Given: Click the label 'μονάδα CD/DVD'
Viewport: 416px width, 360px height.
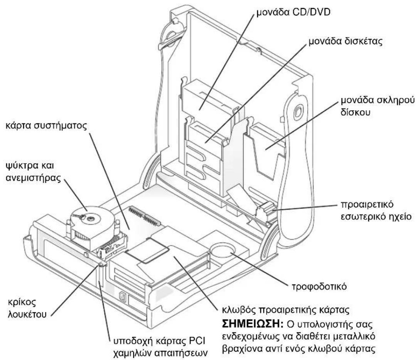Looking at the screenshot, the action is [293, 12].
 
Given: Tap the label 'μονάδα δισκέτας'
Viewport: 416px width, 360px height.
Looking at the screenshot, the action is [345, 41].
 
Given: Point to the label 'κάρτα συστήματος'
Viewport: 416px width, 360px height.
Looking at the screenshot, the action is [46, 126].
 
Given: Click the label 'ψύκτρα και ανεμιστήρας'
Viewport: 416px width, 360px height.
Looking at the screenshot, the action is [33, 172].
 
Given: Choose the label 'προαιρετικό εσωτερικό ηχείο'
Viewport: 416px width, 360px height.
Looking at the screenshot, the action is [376, 210].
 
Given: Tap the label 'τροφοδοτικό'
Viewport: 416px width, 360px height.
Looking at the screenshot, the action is [319, 287].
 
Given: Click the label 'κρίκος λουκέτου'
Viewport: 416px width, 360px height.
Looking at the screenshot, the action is [27, 308].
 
